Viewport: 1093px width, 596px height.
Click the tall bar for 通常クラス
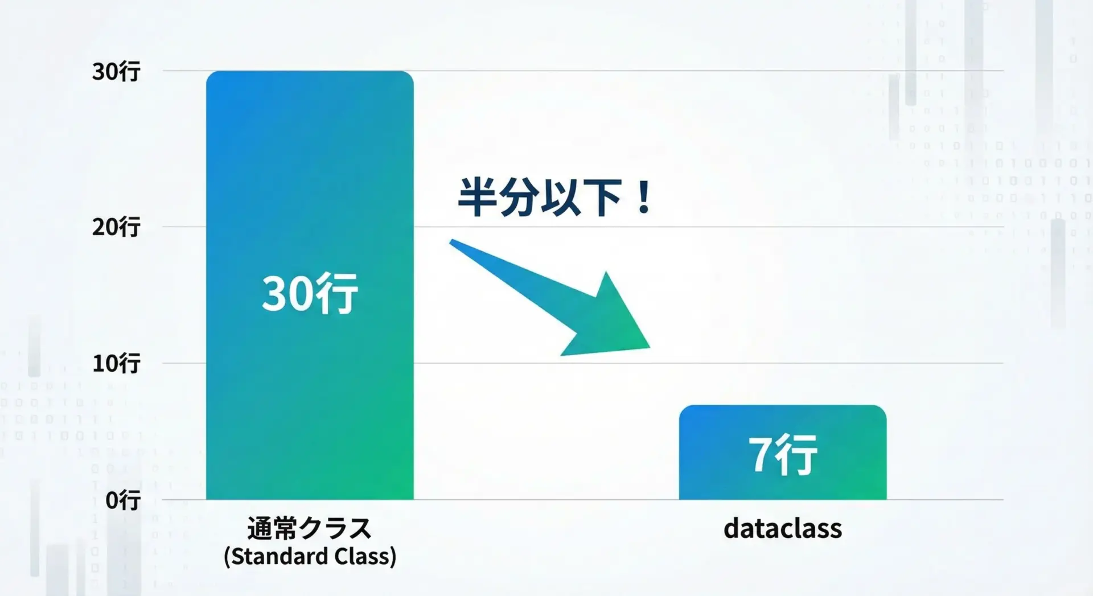[310, 285]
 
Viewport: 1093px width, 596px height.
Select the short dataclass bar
[783, 453]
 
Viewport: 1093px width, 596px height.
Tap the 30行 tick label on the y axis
[116, 72]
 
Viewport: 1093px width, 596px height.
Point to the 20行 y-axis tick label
[116, 227]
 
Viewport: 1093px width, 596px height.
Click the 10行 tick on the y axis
[116, 363]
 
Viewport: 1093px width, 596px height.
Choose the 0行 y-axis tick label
[123, 500]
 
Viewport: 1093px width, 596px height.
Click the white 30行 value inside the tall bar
[310, 293]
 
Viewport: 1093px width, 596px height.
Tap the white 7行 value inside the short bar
[783, 454]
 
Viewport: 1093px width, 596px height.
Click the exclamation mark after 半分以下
[644, 198]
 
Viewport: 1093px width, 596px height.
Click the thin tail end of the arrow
[451, 241]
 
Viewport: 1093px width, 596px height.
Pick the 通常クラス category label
[310, 528]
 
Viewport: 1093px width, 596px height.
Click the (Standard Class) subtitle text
[310, 556]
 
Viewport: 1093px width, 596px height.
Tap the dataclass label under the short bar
[783, 528]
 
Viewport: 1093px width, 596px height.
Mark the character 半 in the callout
[478, 197]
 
